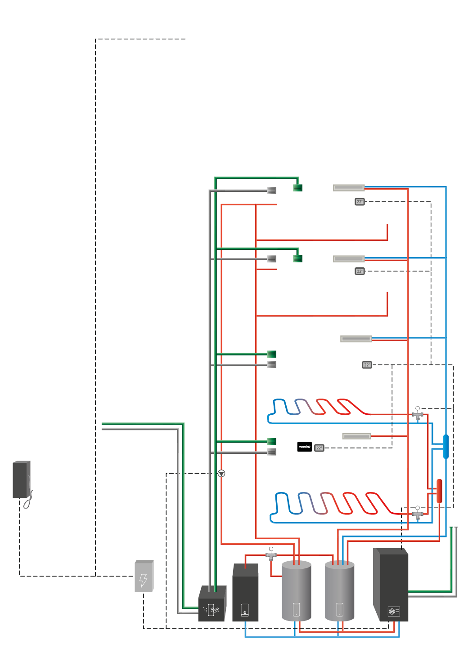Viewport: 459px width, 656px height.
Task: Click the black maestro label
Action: point(304,447)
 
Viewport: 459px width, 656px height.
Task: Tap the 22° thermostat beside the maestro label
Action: point(319,448)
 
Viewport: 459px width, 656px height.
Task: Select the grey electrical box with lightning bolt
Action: point(144,576)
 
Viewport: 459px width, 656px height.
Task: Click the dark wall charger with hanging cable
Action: point(21,480)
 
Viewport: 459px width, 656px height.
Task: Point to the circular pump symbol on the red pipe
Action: point(221,474)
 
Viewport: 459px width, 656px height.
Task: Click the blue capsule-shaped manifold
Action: point(445,446)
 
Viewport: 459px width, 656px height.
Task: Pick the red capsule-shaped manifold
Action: point(439,491)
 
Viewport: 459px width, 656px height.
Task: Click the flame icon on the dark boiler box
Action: point(245,610)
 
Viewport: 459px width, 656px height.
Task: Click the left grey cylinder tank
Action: point(296,591)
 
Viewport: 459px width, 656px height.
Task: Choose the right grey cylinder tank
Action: point(339,591)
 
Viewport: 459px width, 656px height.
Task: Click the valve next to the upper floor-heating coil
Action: point(418,414)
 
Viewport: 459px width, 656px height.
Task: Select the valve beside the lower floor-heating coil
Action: point(418,514)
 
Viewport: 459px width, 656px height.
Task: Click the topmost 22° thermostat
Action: point(360,202)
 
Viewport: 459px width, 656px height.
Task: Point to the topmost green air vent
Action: point(297,188)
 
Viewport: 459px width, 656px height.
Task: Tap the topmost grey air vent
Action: point(271,191)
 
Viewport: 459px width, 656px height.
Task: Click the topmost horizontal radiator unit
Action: point(349,188)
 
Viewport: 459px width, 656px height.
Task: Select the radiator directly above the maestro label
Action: point(356,436)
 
